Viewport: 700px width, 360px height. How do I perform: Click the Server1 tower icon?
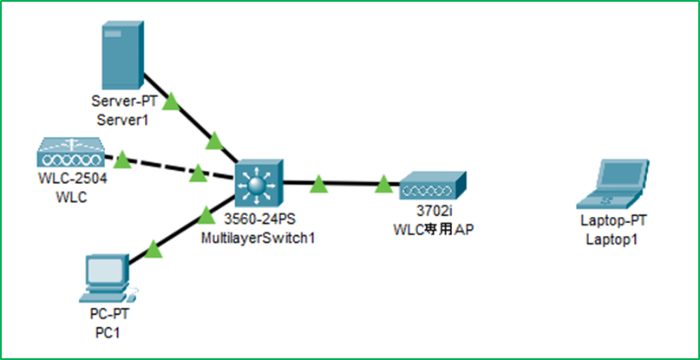pos(123,55)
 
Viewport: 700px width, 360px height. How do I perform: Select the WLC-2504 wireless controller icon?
pos(70,154)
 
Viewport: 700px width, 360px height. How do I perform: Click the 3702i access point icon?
pos(433,186)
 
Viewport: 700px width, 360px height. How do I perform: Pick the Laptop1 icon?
pos(612,184)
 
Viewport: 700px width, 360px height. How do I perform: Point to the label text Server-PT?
pos(125,101)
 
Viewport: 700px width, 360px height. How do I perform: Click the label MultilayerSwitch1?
pos(258,239)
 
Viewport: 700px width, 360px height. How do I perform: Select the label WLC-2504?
pos(72,180)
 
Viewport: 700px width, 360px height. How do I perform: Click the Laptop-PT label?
pos(613,220)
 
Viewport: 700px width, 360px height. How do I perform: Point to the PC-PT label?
pos(109,314)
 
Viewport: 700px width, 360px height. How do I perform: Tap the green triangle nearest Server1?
pos(171,101)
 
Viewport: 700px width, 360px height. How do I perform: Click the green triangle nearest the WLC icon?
pos(122,160)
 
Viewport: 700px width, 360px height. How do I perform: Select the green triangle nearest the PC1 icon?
pos(153,249)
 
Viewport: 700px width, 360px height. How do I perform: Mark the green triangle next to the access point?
pos(383,184)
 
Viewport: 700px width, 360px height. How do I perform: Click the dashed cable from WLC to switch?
pos(170,167)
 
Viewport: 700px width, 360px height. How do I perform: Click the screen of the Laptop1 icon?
pos(621,174)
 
